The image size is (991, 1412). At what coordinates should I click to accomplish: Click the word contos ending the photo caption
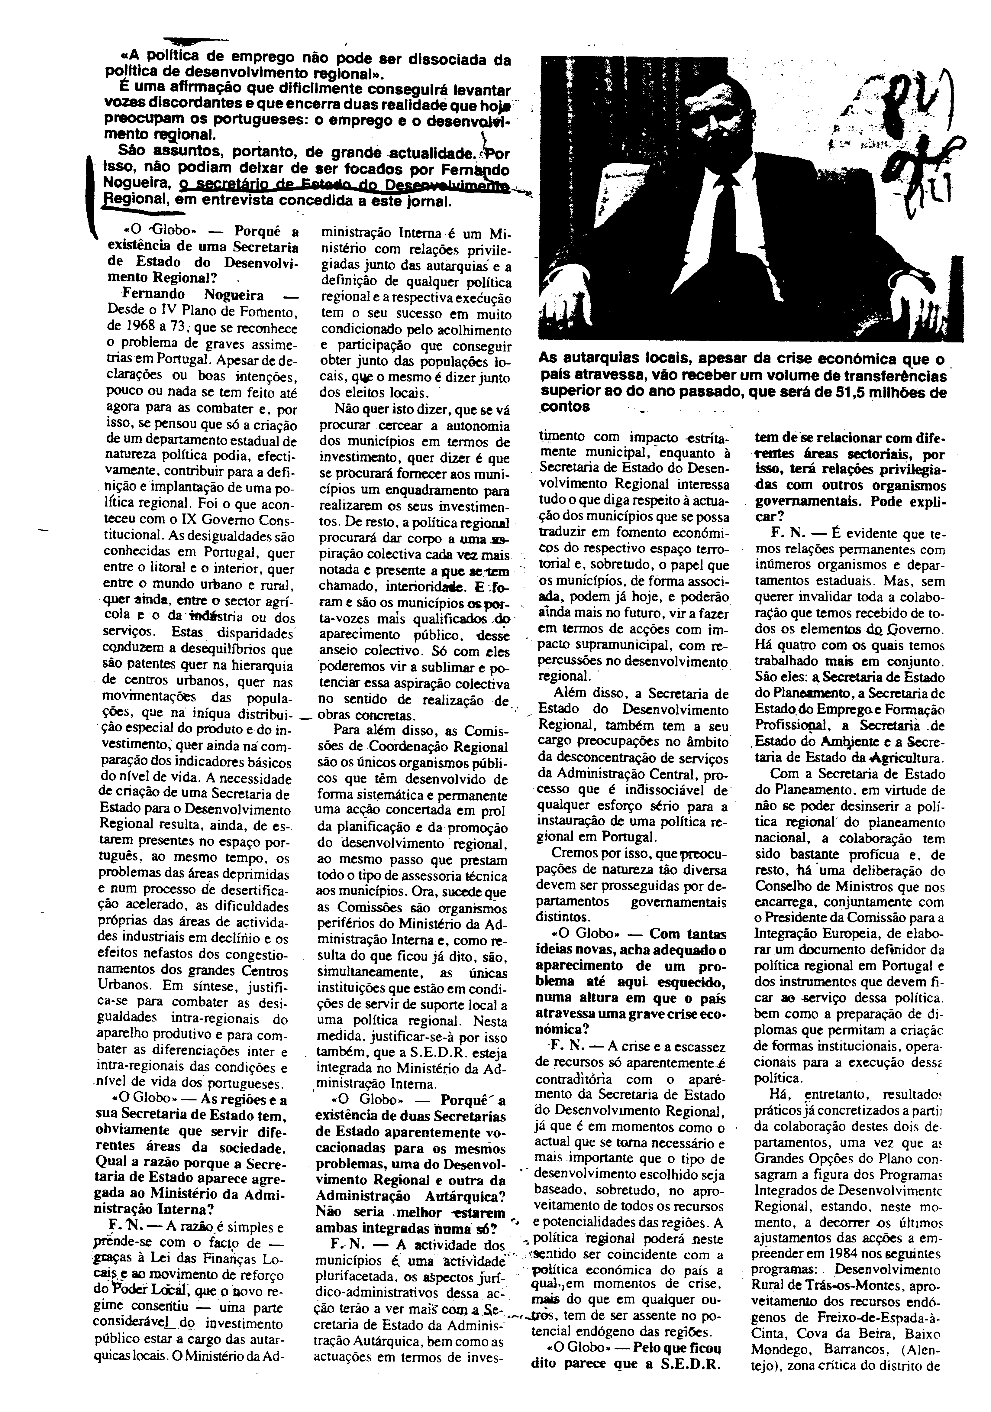[564, 407]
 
